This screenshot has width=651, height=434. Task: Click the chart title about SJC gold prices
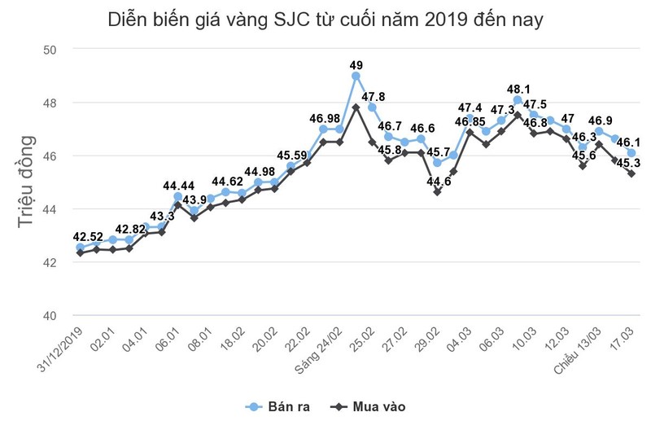[x=325, y=20]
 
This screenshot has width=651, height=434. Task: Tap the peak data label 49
[x=356, y=65]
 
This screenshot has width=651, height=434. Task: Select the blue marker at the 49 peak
[x=356, y=76]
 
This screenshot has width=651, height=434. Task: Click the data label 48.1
[x=518, y=90]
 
